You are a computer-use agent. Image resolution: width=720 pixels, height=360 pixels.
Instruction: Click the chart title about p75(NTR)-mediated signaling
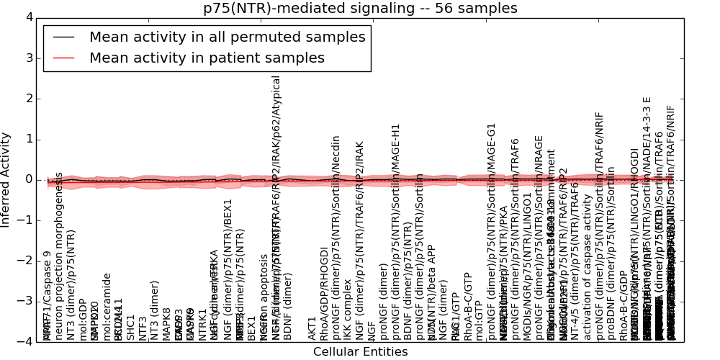[360, 9]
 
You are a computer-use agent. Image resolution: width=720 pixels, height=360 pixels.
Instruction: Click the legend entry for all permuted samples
[227, 37]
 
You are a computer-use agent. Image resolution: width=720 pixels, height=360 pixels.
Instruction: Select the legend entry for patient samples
[207, 58]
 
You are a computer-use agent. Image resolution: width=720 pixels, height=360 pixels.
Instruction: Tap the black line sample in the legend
[63, 37]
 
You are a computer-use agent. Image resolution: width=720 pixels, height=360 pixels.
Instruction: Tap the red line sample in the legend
[63, 58]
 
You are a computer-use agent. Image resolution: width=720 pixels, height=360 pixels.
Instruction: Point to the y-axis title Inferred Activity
[6, 179]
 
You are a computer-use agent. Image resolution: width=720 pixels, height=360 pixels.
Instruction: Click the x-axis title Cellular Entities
[360, 352]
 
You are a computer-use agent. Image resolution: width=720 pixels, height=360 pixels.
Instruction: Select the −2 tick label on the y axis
[25, 261]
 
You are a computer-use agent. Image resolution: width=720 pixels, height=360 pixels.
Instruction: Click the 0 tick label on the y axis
[28, 179]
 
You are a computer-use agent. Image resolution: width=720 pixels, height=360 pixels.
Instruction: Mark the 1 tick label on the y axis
[28, 139]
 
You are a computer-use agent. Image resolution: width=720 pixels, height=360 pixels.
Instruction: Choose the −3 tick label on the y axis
[25, 301]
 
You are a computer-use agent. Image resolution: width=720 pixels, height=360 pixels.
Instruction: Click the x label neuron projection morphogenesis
[60, 256]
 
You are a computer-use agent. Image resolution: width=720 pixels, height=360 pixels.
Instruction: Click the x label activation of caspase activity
[588, 281]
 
